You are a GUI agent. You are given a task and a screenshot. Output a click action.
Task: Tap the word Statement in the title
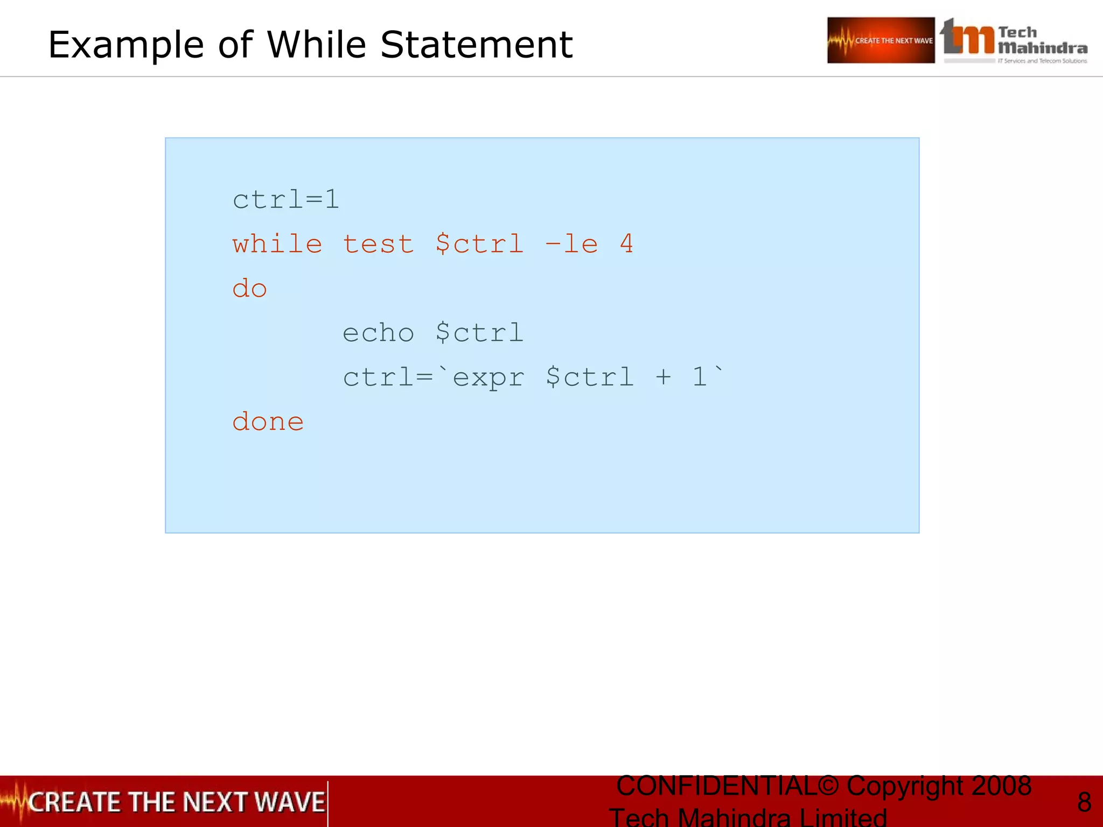point(476,44)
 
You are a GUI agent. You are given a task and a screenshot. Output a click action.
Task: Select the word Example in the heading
point(126,45)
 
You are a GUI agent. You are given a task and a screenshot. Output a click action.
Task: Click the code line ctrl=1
point(285,200)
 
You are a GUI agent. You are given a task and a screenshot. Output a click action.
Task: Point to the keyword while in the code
point(277,244)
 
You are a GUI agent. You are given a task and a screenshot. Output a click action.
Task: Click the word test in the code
point(378,244)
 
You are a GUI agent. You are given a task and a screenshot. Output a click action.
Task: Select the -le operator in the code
point(571,244)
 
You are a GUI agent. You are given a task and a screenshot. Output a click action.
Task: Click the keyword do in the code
point(249,289)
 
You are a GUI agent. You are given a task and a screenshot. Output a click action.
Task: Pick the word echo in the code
point(378,333)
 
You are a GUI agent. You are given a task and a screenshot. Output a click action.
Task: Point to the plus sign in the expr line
point(664,377)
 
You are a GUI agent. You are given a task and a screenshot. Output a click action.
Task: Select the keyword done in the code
point(268,421)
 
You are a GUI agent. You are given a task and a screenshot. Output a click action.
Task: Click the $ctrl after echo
point(479,333)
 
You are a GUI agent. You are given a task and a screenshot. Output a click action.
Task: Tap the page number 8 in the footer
point(1084,802)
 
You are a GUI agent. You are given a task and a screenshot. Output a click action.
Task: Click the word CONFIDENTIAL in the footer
point(716,786)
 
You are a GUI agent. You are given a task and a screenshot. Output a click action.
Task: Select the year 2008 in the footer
point(1001,786)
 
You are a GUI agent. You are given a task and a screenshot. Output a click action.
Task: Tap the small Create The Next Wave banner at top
point(881,40)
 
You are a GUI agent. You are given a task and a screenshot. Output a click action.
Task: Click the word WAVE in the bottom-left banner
point(289,802)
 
